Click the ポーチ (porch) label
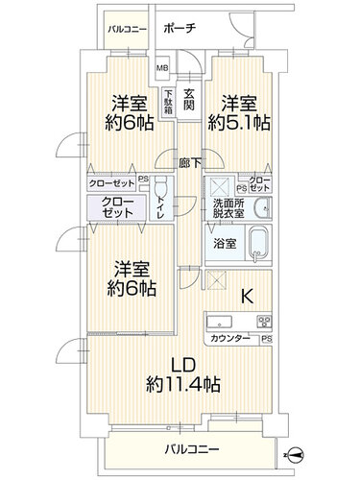(180, 29)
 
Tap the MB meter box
(162, 68)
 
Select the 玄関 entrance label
(189, 100)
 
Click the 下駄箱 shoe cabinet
(169, 103)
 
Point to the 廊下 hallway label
(190, 163)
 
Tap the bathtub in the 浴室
(258, 245)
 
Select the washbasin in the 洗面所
(262, 208)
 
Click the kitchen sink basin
(220, 322)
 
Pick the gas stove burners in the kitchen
(264, 321)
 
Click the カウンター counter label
(230, 339)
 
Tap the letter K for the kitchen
(247, 296)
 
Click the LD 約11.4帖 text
(183, 374)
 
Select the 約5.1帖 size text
(239, 123)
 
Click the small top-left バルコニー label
(128, 30)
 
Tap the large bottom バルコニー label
(192, 449)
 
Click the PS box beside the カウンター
(267, 339)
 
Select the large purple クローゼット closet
(117, 207)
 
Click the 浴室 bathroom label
(225, 244)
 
